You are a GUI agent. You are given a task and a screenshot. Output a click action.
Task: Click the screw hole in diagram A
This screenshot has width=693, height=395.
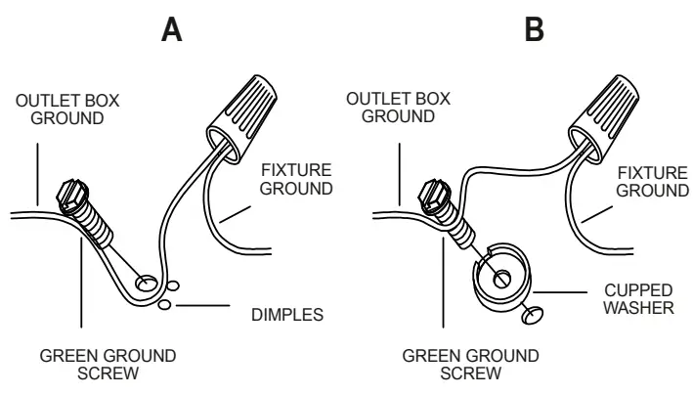(x=147, y=283)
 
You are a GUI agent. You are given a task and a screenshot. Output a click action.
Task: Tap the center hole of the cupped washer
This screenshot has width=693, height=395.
(x=501, y=278)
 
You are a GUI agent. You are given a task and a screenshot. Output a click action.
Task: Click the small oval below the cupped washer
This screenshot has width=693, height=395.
(x=532, y=315)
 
